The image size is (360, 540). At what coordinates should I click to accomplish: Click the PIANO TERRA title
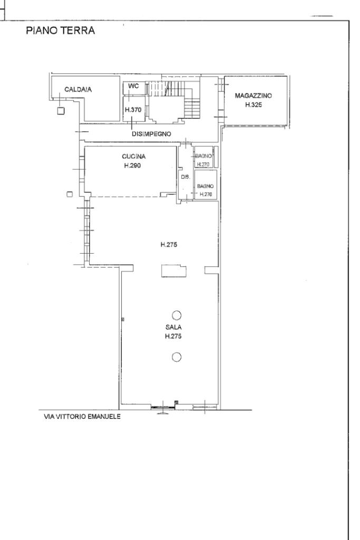(60, 31)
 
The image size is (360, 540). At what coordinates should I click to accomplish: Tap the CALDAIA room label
(78, 90)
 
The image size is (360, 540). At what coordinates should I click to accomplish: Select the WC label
(133, 86)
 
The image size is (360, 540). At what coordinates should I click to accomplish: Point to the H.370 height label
(133, 110)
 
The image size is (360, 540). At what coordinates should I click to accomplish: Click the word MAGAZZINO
(254, 96)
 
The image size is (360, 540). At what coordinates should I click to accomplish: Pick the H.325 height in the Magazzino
(254, 105)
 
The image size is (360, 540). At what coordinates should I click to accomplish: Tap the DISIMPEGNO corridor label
(151, 134)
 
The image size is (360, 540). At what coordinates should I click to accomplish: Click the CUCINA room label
(134, 156)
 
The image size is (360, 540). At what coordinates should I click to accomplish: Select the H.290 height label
(132, 166)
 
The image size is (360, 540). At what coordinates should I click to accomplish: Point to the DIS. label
(186, 177)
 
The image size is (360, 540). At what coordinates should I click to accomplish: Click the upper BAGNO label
(203, 156)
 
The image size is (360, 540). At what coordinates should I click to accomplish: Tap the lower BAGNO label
(205, 186)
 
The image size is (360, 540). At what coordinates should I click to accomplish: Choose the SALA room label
(173, 327)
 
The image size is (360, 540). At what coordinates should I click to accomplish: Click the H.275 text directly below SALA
(173, 336)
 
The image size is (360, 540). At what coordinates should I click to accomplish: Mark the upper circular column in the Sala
(177, 315)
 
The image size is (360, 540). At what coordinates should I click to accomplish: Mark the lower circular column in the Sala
(177, 358)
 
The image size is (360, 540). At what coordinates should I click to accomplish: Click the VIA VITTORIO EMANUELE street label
(82, 417)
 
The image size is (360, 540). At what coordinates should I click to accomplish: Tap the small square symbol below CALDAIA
(61, 111)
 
